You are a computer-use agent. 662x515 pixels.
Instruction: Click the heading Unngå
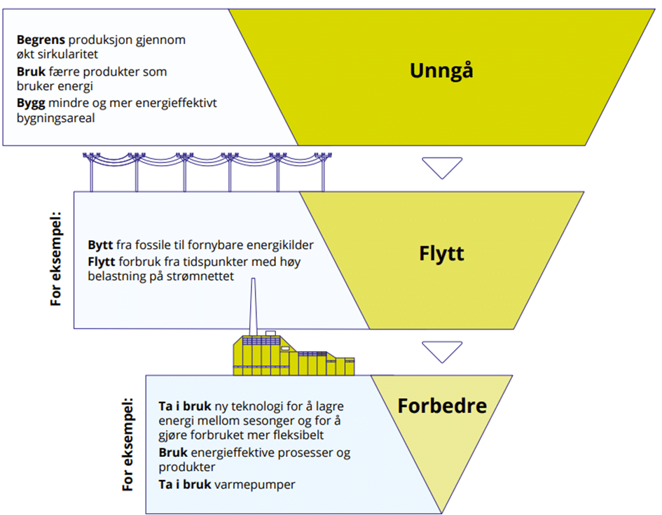click(x=441, y=71)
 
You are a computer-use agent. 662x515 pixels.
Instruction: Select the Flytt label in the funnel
click(x=442, y=253)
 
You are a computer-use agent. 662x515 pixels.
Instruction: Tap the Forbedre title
click(x=442, y=405)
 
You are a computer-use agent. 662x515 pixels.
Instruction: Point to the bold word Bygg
click(x=29, y=104)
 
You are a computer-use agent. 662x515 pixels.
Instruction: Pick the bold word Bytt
click(x=100, y=246)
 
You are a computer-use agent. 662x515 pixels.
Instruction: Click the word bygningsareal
click(x=55, y=118)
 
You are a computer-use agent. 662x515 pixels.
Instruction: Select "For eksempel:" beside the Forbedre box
click(x=128, y=444)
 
